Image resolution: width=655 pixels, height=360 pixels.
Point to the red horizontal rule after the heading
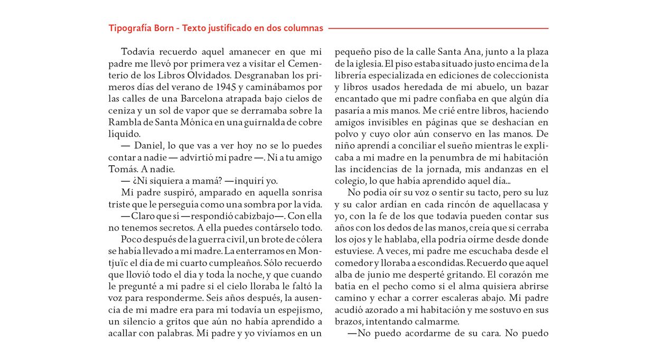(438, 28)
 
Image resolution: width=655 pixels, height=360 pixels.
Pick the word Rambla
(124, 122)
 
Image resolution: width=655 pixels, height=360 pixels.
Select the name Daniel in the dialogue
(151, 146)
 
